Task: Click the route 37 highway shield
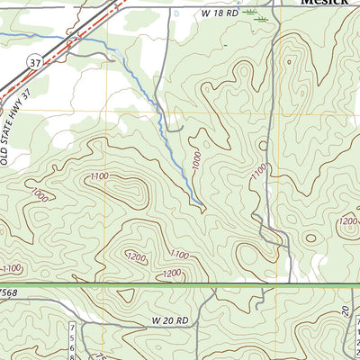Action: [x=33, y=62]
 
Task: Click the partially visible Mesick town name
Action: [x=325, y=3]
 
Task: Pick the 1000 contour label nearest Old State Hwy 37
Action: [x=37, y=194]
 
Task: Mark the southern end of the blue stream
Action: [x=205, y=211]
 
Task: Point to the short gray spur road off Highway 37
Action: [x=90, y=56]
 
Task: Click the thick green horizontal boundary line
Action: [x=180, y=285]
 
